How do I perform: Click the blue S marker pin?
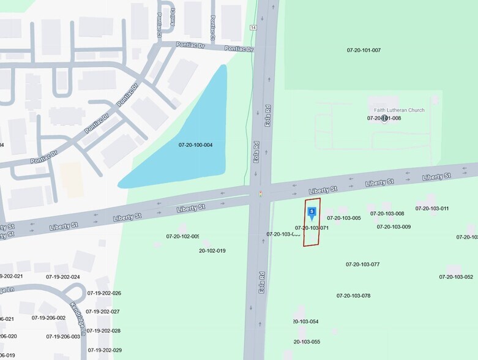click(312, 212)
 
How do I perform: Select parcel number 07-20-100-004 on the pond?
click(195, 145)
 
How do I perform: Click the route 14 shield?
click(252, 28)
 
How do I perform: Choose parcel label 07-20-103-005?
click(343, 218)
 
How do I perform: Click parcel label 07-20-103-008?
click(387, 214)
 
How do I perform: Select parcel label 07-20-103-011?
click(431, 208)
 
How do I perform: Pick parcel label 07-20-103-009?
click(394, 227)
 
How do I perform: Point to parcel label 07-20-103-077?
click(362, 264)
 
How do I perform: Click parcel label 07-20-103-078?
click(353, 296)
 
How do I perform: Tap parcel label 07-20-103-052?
click(456, 277)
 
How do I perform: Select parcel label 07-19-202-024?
click(63, 277)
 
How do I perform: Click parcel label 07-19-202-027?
click(103, 312)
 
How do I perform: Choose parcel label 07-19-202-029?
click(105, 350)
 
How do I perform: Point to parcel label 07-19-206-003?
click(63, 336)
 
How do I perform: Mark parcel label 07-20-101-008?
click(384, 118)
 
